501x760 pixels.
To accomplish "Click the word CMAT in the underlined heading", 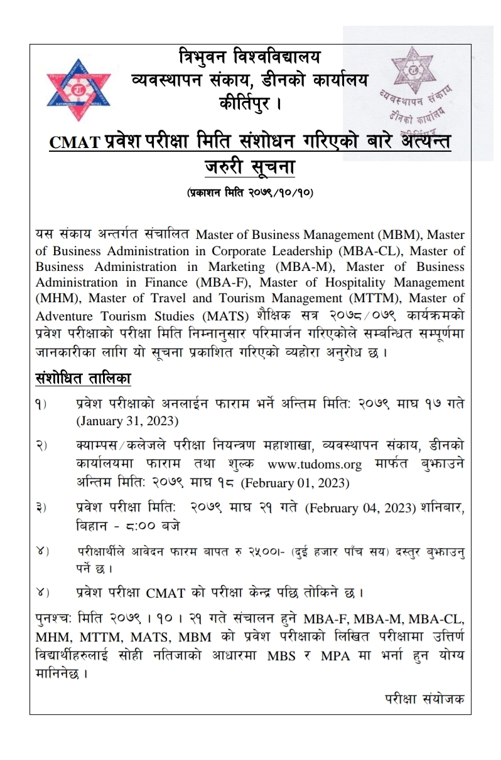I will pos(75,143).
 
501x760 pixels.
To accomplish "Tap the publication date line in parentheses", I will pos(250,193).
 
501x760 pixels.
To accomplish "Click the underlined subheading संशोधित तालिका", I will pos(82,379).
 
